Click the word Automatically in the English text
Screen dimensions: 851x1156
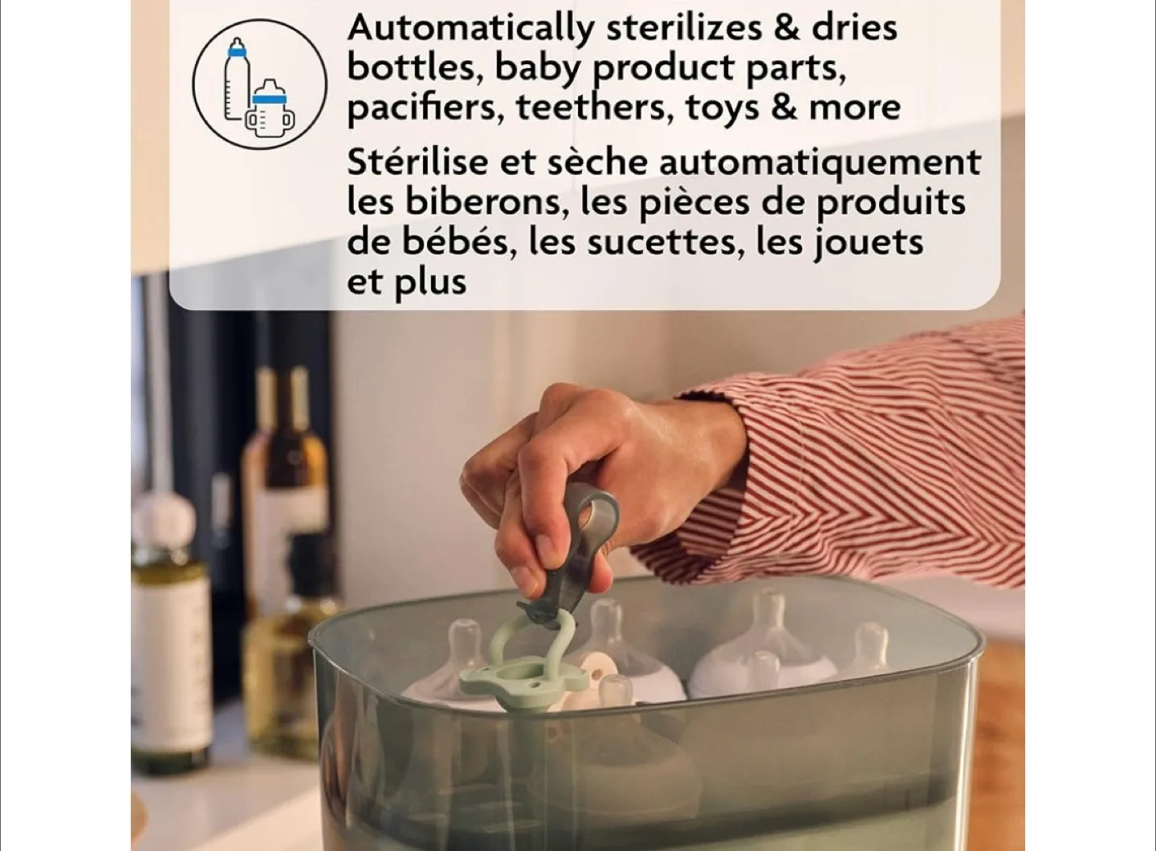coord(469,29)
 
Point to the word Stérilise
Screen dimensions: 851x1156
coord(417,162)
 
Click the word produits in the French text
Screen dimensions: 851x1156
coord(891,202)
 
